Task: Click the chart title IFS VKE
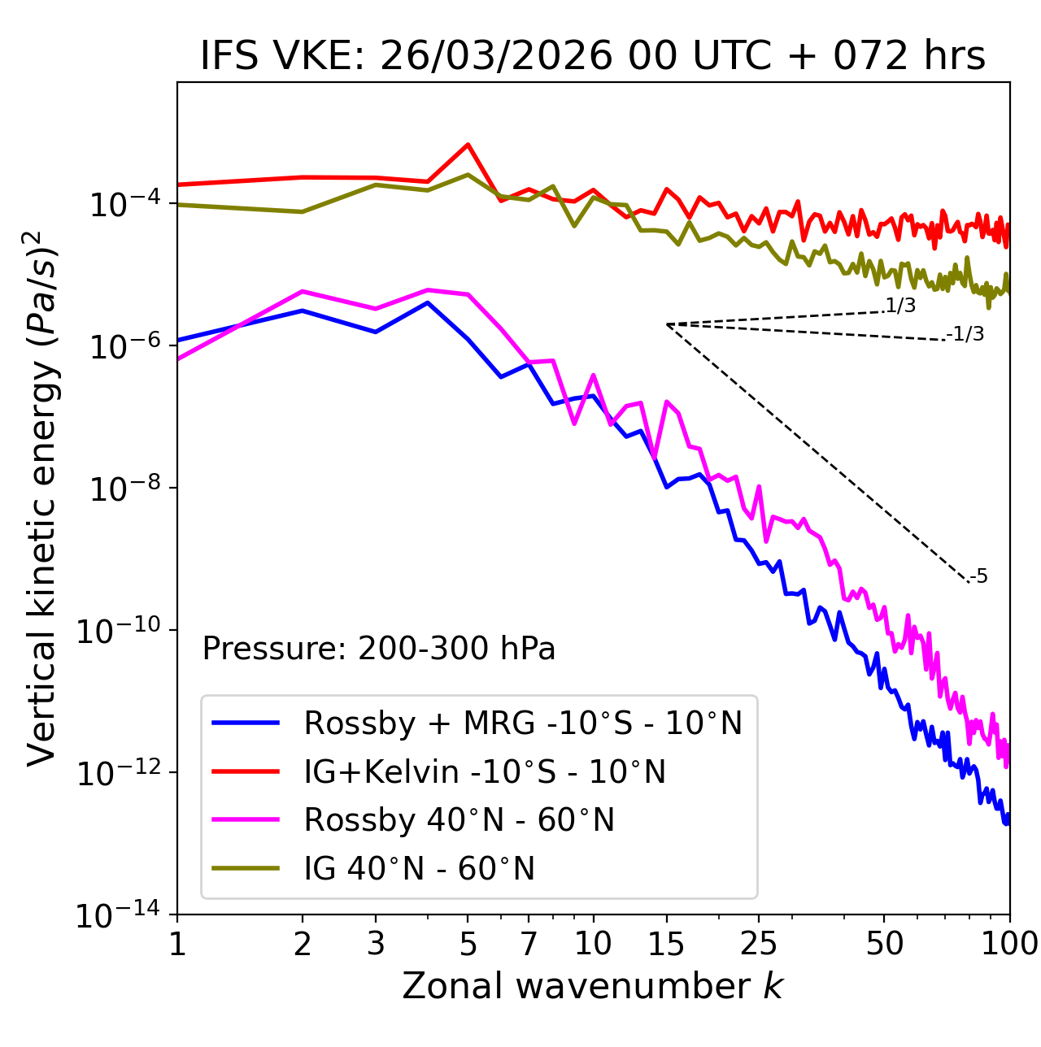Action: pos(593,57)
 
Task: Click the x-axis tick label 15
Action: pos(666,944)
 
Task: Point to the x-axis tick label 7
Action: pos(529,944)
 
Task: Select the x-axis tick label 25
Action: pos(759,944)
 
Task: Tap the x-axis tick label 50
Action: pos(884,944)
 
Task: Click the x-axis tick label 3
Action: pos(376,944)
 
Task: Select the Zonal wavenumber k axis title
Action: pos(593,987)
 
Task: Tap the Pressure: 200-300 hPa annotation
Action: pos(379,649)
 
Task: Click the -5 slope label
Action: pos(978,577)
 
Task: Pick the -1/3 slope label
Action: pos(965,334)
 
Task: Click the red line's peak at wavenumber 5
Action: pos(468,145)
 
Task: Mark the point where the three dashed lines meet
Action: pos(666,324)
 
